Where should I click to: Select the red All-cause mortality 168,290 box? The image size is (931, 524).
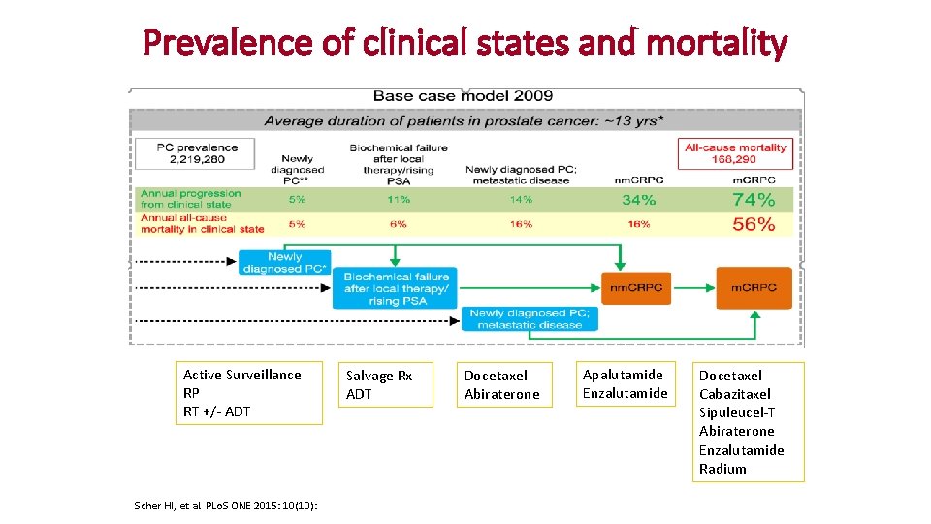coord(736,153)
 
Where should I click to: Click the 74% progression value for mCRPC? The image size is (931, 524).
coord(753,199)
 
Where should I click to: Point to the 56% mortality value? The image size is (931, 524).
coord(753,224)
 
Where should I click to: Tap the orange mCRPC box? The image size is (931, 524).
coord(754,286)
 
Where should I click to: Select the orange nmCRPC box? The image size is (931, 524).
coord(635,287)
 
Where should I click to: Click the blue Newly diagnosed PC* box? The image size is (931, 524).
coord(284,262)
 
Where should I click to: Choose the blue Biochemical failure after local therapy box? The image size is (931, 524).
coord(396,288)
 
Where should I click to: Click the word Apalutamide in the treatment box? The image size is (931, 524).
coord(623,375)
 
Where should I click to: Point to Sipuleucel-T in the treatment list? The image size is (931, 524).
coord(737,412)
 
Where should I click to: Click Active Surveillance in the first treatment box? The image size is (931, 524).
coord(242,375)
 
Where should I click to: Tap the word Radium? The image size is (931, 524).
coord(722,469)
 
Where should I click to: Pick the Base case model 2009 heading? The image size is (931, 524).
coord(463,95)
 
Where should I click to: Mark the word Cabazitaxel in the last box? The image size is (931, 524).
coord(735,394)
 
